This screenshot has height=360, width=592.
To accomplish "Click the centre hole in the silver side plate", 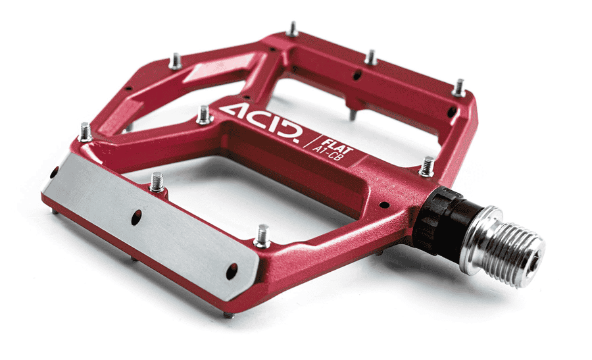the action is pos(136,218).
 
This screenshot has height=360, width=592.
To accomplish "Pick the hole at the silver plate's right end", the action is pos(232,272).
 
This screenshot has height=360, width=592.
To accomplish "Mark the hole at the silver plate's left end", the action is pos(54,172).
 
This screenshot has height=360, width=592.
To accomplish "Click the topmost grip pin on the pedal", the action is pos(292,30).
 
